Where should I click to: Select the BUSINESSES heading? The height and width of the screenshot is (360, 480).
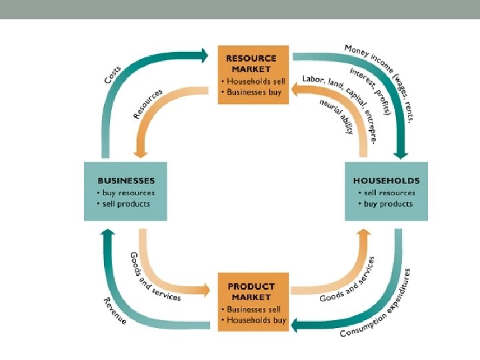pyautogui.click(x=126, y=180)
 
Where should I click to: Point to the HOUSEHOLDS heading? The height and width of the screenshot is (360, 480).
pyautogui.click(x=387, y=180)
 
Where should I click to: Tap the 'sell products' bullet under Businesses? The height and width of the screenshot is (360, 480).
pyautogui.click(x=124, y=203)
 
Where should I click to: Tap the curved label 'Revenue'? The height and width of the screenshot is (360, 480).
pyautogui.click(x=114, y=311)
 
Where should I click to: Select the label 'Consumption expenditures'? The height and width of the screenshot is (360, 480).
pyautogui.click(x=376, y=305)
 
